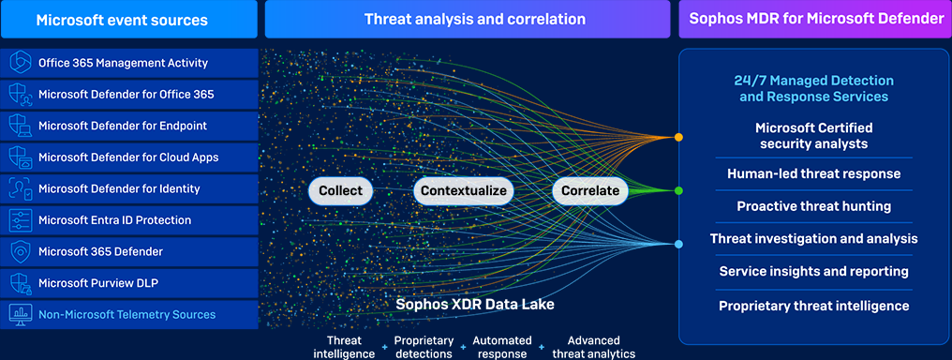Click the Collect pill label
[x=340, y=190]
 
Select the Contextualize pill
[x=464, y=190]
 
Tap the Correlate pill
[x=590, y=190]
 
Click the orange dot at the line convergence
[x=678, y=137]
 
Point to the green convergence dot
[x=678, y=190]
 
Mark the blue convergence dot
[x=678, y=245]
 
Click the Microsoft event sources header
[x=129, y=19]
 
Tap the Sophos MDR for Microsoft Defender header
[x=813, y=19]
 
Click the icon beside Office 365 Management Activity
[x=20, y=63]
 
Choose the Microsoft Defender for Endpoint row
[x=129, y=126]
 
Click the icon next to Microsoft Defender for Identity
[x=20, y=188]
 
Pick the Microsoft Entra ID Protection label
[x=114, y=220]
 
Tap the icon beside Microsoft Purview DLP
[x=20, y=283]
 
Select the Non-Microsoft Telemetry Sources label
[x=126, y=314]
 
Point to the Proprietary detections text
[x=424, y=347]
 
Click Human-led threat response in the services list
[x=813, y=173]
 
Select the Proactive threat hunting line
[x=813, y=206]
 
